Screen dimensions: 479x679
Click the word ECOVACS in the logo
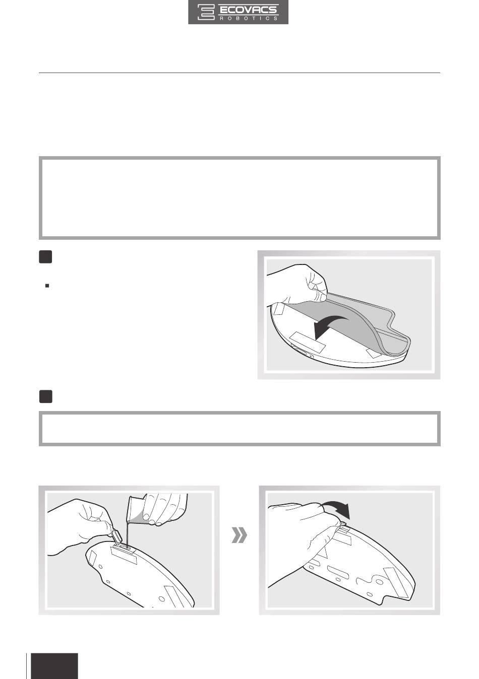[248, 10]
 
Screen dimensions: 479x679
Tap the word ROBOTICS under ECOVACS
[248, 18]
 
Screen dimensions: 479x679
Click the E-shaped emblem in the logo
[206, 12]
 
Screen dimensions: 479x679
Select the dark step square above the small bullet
[45, 257]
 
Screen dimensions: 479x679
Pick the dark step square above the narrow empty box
[45, 396]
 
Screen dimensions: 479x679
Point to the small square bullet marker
[47, 286]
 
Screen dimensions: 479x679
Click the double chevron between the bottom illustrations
[239, 535]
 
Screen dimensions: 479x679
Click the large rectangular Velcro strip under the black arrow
[308, 342]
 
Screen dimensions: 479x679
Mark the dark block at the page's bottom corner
[54, 666]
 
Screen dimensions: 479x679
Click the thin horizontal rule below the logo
[239, 73]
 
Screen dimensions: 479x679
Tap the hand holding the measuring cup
[164, 508]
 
